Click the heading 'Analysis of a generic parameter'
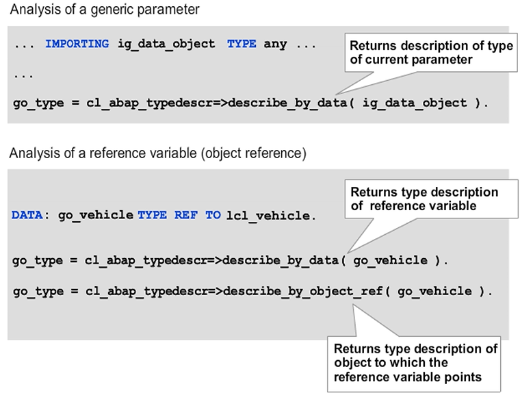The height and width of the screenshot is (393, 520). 104,10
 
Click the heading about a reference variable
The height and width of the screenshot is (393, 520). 157,153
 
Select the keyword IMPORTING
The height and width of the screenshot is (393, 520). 77,44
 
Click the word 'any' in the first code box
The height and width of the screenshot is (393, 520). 276,44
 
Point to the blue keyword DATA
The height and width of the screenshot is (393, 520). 27,215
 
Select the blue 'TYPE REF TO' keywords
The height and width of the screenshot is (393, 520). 179,215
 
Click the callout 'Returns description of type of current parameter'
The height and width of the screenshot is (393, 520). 431,53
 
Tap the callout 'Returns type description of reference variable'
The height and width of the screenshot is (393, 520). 424,199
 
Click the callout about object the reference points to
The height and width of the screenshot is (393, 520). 415,364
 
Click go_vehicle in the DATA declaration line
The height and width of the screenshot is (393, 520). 96,215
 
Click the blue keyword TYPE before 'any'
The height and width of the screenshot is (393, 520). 242,44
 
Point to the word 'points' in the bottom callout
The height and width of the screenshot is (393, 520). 467,377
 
